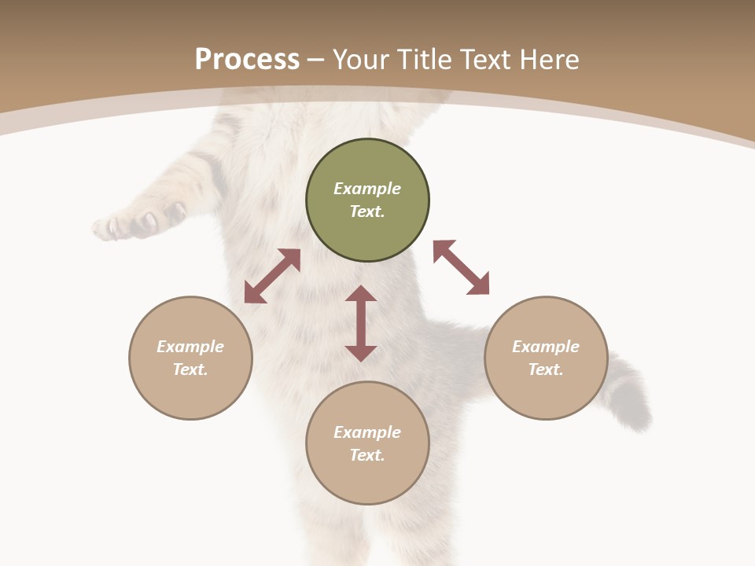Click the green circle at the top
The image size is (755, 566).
coord(367,200)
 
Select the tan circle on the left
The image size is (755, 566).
coord(190,358)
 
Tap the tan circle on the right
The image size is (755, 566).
coord(546,358)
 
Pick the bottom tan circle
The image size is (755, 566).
coord(367,443)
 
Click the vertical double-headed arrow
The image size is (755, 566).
coord(361,323)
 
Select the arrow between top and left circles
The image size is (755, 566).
coord(272,276)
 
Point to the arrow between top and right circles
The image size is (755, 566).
coord(462,267)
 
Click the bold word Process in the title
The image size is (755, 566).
coord(247,59)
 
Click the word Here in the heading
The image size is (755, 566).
coord(550,60)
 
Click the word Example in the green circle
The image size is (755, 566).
coord(367,189)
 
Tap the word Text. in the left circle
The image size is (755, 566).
coord(190,369)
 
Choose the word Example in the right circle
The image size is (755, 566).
coord(546,347)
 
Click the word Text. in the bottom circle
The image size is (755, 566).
coord(367,455)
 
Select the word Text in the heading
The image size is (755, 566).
coord(487,60)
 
